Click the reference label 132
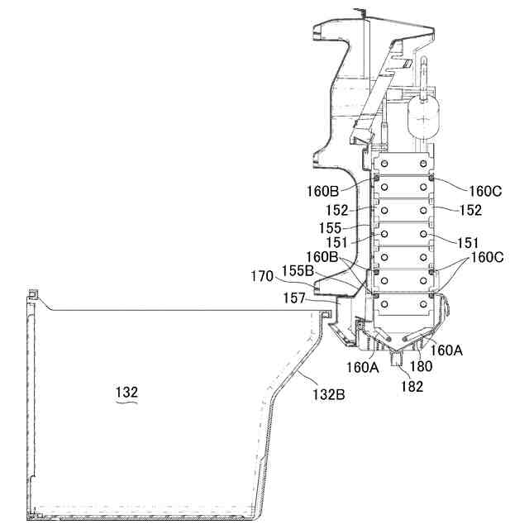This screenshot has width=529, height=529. pyautogui.click(x=126, y=393)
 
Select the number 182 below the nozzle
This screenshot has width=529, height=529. pyautogui.click(x=412, y=385)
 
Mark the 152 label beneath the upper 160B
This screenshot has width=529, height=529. pyautogui.click(x=338, y=210)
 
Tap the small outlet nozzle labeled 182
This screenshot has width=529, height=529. pyautogui.click(x=401, y=359)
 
